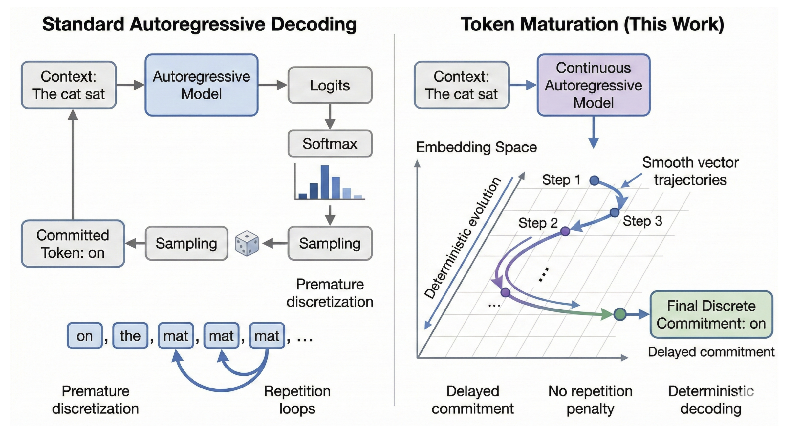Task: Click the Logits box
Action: click(330, 85)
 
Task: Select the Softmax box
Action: click(330, 144)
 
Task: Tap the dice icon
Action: click(247, 243)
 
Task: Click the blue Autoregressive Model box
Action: click(201, 85)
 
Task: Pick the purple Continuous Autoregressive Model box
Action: click(593, 85)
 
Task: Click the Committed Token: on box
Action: click(73, 244)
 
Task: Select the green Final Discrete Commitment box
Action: click(711, 314)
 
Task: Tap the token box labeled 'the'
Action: click(130, 336)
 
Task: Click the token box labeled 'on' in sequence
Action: click(84, 336)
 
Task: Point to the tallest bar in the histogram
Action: click(325, 182)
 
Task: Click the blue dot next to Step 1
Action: click(594, 180)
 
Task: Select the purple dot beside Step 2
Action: click(565, 231)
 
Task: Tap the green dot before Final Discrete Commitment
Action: click(619, 314)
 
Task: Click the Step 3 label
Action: click(642, 221)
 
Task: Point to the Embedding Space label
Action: click(476, 147)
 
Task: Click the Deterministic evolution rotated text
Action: click(463, 238)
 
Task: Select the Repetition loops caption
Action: click(297, 400)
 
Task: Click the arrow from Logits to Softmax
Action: click(330, 117)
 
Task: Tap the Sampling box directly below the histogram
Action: click(330, 243)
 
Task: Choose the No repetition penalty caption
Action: click(590, 400)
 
